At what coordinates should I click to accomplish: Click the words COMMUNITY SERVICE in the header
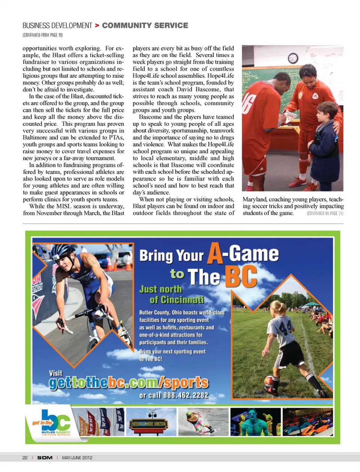click(145, 25)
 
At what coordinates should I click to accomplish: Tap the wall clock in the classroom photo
click(293, 58)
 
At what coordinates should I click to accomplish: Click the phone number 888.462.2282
click(185, 395)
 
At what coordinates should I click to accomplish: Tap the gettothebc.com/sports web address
click(128, 382)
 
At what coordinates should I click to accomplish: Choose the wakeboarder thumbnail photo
click(203, 422)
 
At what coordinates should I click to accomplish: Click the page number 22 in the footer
click(25, 458)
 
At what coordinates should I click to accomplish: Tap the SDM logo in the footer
click(45, 458)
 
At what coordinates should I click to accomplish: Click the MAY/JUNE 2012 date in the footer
click(77, 458)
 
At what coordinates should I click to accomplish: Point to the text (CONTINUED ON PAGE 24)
click(325, 214)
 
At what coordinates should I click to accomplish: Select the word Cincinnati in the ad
click(177, 300)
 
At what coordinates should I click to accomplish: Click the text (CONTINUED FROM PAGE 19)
click(43, 35)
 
